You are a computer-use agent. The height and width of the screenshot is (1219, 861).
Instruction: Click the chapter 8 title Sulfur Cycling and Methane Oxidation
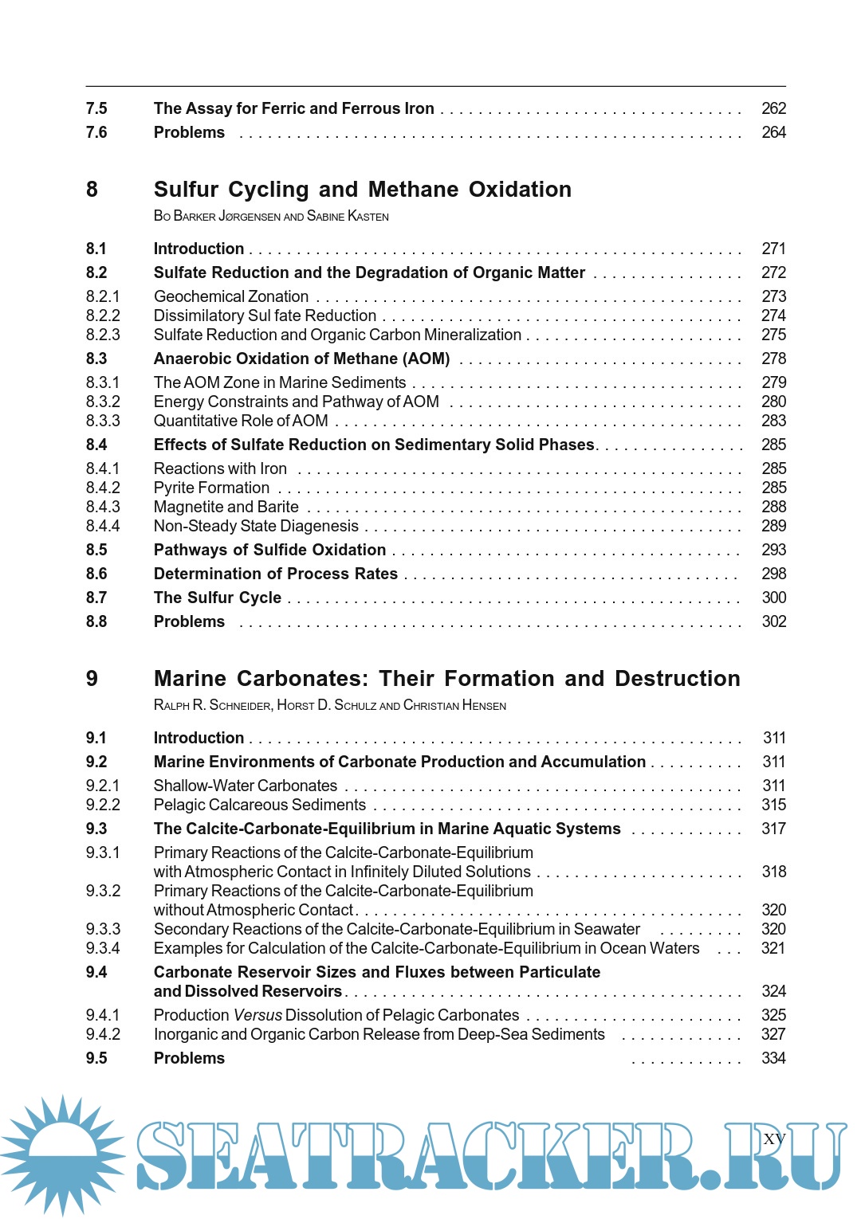coord(362,190)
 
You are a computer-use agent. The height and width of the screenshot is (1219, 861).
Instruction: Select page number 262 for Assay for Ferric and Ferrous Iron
coord(773,108)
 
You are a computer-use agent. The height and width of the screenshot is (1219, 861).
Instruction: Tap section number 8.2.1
coord(103,296)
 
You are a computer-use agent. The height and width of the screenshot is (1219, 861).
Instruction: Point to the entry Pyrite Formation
coord(211,488)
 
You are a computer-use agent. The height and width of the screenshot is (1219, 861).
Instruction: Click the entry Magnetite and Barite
coord(226,507)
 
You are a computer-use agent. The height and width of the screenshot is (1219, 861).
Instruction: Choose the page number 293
coord(773,550)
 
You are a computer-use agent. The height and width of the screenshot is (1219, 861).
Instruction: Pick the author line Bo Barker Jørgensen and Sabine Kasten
coord(271,216)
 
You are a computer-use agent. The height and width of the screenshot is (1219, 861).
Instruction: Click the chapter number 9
coord(92,679)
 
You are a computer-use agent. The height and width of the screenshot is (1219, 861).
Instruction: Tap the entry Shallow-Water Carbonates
coord(245,786)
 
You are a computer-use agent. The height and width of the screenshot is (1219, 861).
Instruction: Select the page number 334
coord(773,1058)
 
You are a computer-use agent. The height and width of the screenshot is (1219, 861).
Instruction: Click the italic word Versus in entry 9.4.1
coord(258,1015)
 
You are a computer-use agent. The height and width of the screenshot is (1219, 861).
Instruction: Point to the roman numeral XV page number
coord(774,1139)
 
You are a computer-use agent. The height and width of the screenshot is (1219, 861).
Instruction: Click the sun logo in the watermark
coord(62,1154)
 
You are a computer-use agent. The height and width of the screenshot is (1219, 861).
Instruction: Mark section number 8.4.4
coord(103,526)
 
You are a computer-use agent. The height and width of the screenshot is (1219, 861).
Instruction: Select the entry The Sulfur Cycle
coord(217,598)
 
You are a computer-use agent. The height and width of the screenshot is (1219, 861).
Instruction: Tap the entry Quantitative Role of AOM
coord(241,421)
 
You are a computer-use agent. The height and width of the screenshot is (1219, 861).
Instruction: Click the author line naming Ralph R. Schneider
coord(329,705)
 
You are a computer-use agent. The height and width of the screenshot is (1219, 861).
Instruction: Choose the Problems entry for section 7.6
coord(189,132)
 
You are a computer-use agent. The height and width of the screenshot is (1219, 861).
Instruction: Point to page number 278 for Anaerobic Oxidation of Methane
coord(773,359)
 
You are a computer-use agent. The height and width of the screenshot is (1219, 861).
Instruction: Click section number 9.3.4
coord(103,948)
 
